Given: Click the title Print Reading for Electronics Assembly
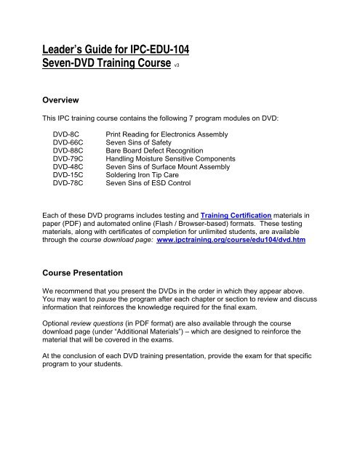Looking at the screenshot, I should tap(168, 134).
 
